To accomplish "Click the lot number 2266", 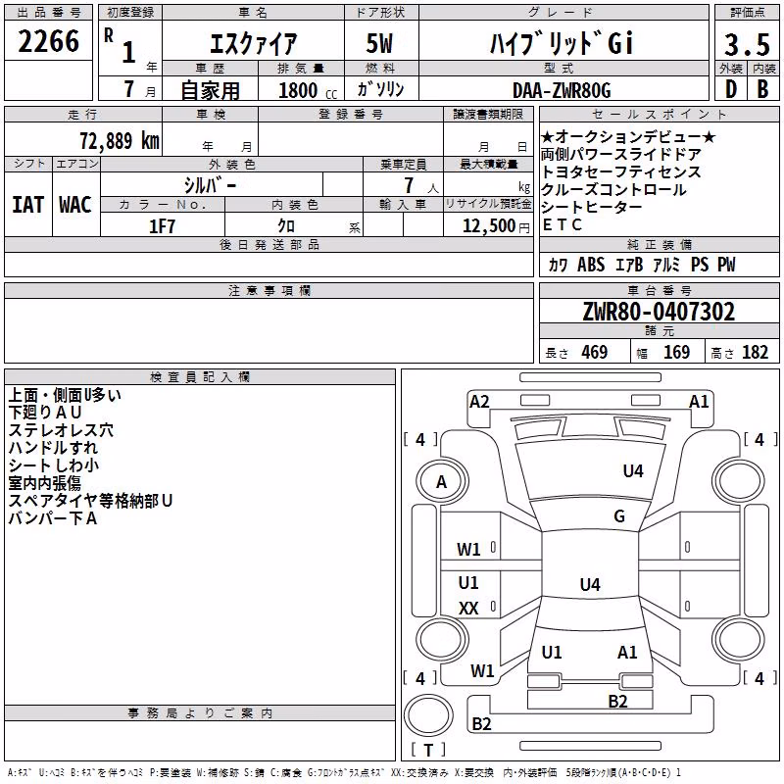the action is pyautogui.click(x=48, y=41).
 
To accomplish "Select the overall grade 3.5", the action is pyautogui.click(x=747, y=44).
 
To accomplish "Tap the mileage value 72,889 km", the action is pyautogui.click(x=120, y=141).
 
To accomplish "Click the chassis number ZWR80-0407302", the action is pyautogui.click(x=659, y=312).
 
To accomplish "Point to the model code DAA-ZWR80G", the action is pyautogui.click(x=562, y=90).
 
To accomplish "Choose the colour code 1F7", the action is pyautogui.click(x=162, y=226).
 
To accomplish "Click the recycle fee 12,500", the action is pyautogui.click(x=489, y=226).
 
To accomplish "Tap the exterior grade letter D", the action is pyautogui.click(x=731, y=89).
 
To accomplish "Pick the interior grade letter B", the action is pyautogui.click(x=763, y=89).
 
